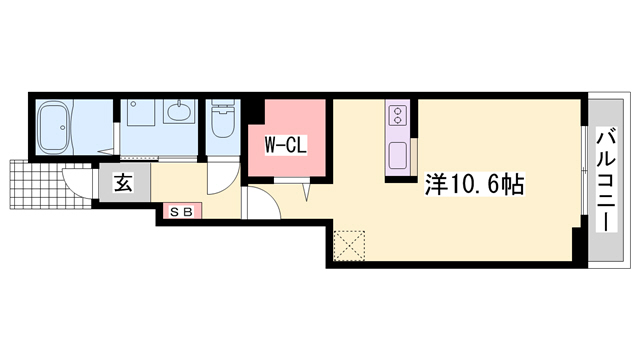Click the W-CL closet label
(x=286, y=145)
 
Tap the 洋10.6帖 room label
(x=475, y=184)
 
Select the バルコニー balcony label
(x=607, y=180)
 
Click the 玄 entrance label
(x=123, y=182)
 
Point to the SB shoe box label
(x=181, y=212)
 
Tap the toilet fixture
(x=222, y=119)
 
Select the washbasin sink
(x=178, y=111)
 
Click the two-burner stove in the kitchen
(x=398, y=115)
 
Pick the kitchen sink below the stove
(x=398, y=155)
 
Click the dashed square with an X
(x=349, y=245)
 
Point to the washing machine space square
(x=141, y=112)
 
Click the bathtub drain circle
(x=62, y=127)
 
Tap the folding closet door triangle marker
(x=307, y=192)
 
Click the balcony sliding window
(x=584, y=170)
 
